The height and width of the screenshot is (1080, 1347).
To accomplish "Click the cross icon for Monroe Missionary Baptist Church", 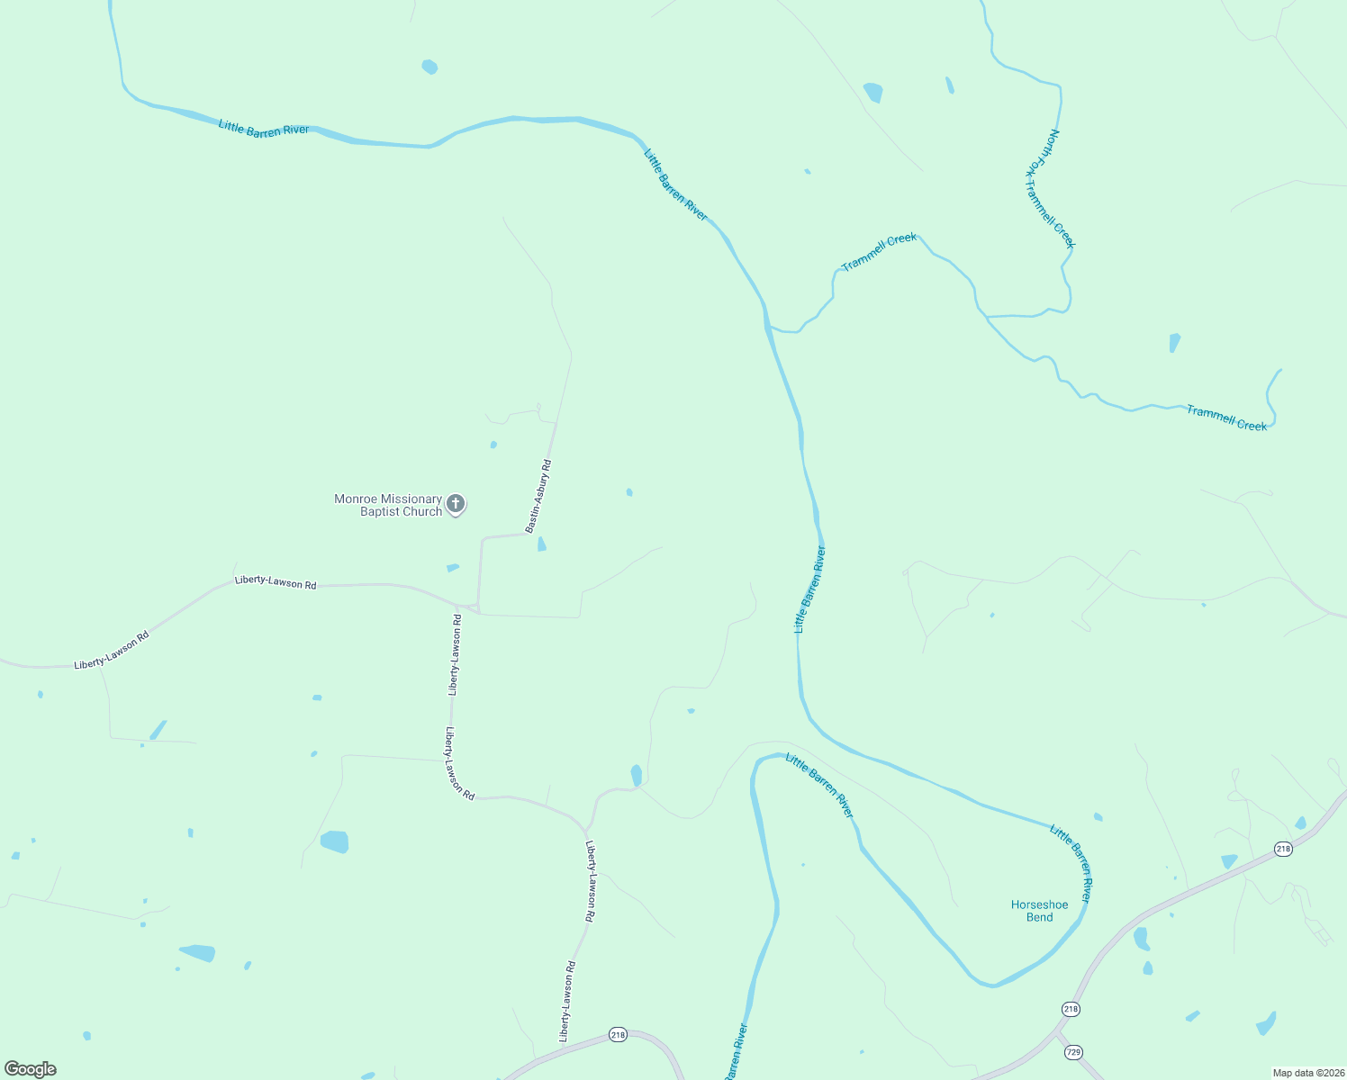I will pyautogui.click(x=456, y=503).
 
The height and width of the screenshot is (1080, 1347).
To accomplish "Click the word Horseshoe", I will pyautogui.click(x=1039, y=905).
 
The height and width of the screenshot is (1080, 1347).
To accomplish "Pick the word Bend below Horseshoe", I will pyautogui.click(x=1039, y=918).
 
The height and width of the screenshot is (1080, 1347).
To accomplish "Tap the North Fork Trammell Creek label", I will pyautogui.click(x=1050, y=189).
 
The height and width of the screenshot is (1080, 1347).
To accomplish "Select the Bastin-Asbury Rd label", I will pyautogui.click(x=538, y=496).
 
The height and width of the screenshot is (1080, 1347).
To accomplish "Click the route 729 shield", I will pyautogui.click(x=1072, y=1051).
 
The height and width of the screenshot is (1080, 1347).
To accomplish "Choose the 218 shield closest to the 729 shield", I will pyautogui.click(x=1070, y=1009).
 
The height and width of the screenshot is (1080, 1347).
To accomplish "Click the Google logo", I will pyautogui.click(x=31, y=1069).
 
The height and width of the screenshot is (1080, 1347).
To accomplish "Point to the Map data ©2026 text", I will pyautogui.click(x=1307, y=1073).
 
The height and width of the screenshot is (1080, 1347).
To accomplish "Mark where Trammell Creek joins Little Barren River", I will pyautogui.click(x=768, y=327).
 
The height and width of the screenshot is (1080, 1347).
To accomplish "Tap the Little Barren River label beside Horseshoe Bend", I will pyautogui.click(x=1071, y=863).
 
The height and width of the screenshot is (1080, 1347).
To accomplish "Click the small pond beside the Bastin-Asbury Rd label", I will pyautogui.click(x=541, y=544).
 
